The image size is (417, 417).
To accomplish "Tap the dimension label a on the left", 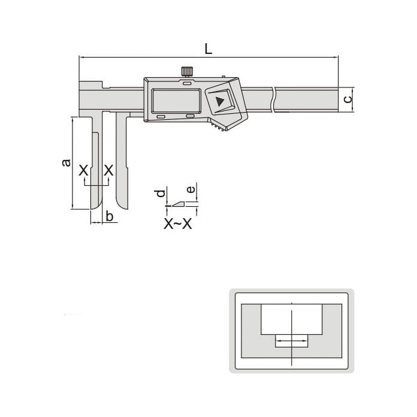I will click(66, 162).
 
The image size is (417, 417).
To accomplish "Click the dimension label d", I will click(159, 194).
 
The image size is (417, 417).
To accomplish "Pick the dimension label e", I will click(191, 190).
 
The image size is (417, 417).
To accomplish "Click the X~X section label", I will click(178, 225).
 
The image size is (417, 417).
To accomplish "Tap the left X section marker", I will click(84, 171).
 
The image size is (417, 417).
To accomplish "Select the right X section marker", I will click(108, 171).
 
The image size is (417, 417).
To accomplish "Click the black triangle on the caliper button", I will click(219, 101).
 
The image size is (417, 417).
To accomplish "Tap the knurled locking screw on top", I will click(186, 72).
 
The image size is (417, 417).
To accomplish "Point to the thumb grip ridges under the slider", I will click(219, 126).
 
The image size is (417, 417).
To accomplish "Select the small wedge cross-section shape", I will click(178, 204).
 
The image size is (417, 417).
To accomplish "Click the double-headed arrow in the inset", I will click(291, 342).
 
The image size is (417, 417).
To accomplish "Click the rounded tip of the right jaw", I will click(122, 206).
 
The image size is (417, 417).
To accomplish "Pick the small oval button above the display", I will click(188, 85).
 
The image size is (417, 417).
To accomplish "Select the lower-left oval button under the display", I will click(161, 116).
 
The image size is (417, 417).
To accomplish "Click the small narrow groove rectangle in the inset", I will click(291, 341).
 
